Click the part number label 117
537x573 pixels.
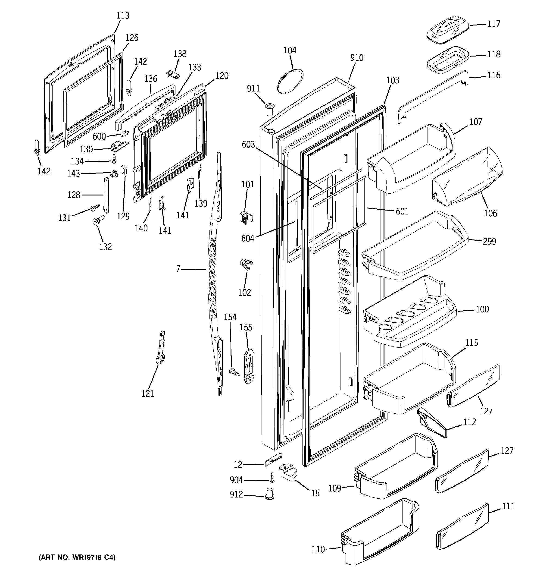click(493, 24)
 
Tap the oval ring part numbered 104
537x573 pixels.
click(290, 81)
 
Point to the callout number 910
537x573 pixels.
click(357, 58)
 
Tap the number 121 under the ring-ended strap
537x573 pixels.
click(147, 394)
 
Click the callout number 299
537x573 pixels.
click(490, 241)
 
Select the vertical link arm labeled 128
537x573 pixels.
click(106, 195)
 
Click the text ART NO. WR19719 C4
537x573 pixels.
click(77, 557)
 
